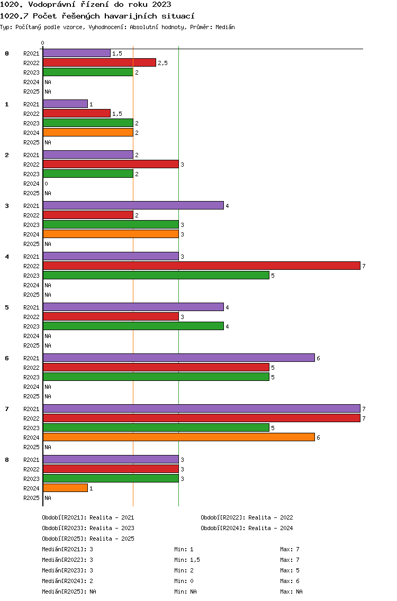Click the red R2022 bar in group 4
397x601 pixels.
[x=202, y=266]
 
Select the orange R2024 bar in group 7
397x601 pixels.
[x=179, y=437]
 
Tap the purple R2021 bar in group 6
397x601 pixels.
[x=179, y=358]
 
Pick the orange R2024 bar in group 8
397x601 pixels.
[x=66, y=488]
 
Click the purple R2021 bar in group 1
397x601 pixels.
[x=66, y=104]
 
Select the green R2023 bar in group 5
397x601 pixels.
[x=133, y=326]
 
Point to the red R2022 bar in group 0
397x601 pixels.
[x=100, y=62]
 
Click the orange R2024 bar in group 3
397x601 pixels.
[x=111, y=234]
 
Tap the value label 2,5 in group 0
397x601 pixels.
[x=163, y=63]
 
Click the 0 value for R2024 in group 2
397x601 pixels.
[x=47, y=184]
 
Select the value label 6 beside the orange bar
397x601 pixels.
[x=318, y=438]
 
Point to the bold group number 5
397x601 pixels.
[x=7, y=307]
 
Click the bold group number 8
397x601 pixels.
[x=7, y=460]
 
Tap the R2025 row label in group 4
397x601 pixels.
[x=31, y=295]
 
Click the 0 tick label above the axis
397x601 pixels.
[x=42, y=43]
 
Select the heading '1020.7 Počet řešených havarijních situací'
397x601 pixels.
[x=97, y=16]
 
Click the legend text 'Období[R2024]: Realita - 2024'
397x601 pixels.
[x=247, y=528]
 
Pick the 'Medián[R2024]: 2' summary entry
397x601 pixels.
[x=68, y=581]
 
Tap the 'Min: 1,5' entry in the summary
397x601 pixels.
[x=187, y=560]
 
